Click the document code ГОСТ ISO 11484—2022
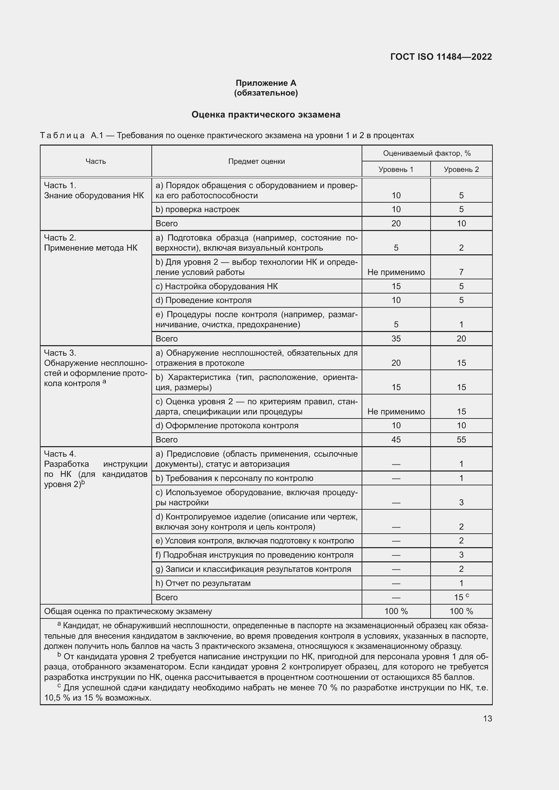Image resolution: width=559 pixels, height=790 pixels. click(441, 57)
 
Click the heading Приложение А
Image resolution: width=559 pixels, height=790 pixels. click(266, 83)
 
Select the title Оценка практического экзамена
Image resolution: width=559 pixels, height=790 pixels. click(266, 114)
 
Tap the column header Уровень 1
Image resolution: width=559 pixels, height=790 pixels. click(396, 169)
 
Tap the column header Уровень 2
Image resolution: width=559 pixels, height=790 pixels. click(461, 169)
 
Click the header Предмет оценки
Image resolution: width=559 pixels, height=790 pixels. click(257, 161)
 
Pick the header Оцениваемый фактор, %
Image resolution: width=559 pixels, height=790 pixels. click(427, 153)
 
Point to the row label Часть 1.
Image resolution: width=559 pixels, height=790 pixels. click(60, 185)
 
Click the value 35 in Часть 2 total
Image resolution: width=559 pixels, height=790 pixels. click(396, 338)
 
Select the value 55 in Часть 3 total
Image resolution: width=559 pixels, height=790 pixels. click(461, 439)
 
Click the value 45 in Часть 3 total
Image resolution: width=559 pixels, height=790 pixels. click(396, 439)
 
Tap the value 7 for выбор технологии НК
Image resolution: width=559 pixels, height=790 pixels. click(461, 272)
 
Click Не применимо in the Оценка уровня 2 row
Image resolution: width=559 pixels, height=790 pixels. click(396, 411)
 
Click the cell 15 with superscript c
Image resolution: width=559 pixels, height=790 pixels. click(461, 597)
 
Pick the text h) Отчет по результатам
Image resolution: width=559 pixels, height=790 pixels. click(203, 583)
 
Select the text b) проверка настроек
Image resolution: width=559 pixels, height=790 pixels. click(198, 209)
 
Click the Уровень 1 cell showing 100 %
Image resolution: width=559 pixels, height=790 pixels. click(396, 611)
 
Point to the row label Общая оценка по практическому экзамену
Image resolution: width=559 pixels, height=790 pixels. click(128, 611)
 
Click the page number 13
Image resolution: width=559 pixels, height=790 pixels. click(487, 718)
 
